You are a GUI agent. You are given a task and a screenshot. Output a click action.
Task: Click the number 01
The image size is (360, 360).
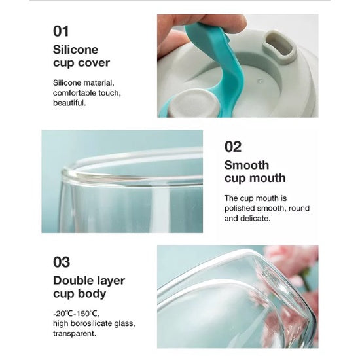pyautogui.click(x=61, y=31)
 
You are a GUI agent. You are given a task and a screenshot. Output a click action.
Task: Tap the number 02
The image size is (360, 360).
pyautogui.click(x=233, y=147)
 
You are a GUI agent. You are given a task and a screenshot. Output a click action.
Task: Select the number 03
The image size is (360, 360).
pyautogui.click(x=62, y=262)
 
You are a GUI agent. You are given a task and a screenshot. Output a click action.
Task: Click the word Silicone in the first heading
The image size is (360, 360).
pyautogui.click(x=75, y=50)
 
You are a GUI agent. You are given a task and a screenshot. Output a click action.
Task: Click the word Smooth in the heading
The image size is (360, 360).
pyautogui.click(x=247, y=165)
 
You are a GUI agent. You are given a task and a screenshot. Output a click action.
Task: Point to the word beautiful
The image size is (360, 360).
pyautogui.click(x=69, y=103)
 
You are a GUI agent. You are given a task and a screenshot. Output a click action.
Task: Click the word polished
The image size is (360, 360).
pyautogui.click(x=240, y=208)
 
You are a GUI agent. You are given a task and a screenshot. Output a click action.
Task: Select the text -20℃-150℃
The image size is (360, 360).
pyautogui.click(x=77, y=313)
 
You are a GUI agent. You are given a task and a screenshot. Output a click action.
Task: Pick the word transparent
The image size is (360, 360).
pyautogui.click(x=75, y=333)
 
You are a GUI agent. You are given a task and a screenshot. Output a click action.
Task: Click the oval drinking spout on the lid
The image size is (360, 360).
pyautogui.click(x=279, y=46)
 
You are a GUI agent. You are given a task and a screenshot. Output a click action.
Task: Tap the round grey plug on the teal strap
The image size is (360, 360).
pyautogui.click(x=192, y=102)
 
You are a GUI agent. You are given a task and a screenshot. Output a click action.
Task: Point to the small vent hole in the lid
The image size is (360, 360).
pyautogui.click(x=261, y=81)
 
